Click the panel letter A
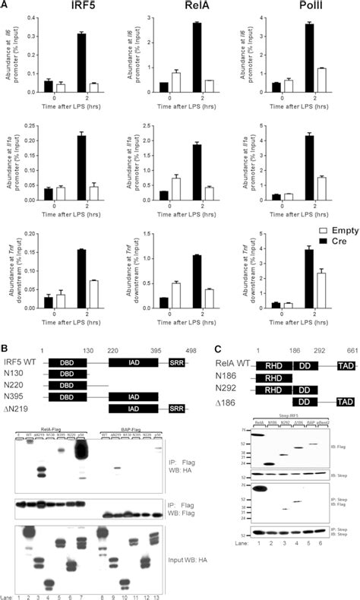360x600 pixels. click(x=5, y=5)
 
